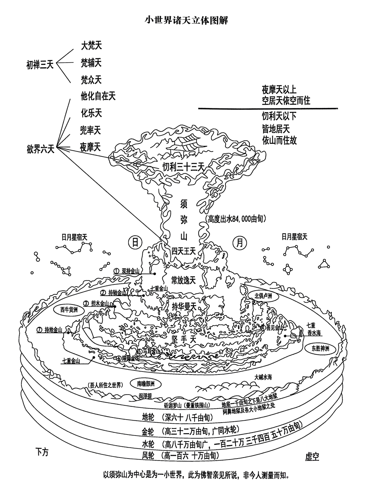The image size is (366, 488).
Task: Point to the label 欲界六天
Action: coord(40,149)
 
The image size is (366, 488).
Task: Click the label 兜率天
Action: coord(90,130)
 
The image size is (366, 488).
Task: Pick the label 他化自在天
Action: coord(98,96)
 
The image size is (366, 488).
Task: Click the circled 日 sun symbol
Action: coord(135,242)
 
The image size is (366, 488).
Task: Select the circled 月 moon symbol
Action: coord(239,242)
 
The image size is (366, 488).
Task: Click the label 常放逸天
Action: coord(183,280)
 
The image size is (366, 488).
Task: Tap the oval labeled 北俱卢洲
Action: coord(263,296)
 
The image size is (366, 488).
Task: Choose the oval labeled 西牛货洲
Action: coord(69,310)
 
